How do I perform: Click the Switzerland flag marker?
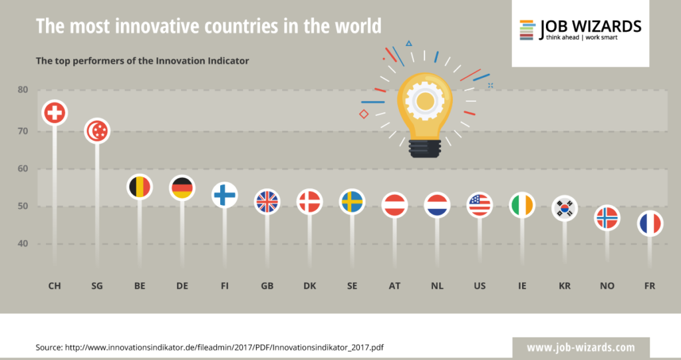tap(55, 113)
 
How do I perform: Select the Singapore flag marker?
tap(98, 131)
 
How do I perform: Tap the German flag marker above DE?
tap(182, 188)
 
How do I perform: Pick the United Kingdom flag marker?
tap(267, 202)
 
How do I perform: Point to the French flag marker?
tap(650, 224)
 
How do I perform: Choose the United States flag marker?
tap(479, 204)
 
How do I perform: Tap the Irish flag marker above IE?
tap(522, 204)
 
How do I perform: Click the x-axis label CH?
tap(55, 286)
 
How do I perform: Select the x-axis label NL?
tap(437, 286)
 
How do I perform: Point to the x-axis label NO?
tap(607, 286)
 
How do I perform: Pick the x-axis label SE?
tap(352, 286)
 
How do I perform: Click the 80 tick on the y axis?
tap(23, 90)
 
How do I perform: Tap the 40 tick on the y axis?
tap(23, 244)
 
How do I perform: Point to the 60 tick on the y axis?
tap(23, 168)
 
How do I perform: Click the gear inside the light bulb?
tap(424, 101)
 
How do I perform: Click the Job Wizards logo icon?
tap(527, 29)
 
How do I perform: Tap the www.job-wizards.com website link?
tap(581, 347)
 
